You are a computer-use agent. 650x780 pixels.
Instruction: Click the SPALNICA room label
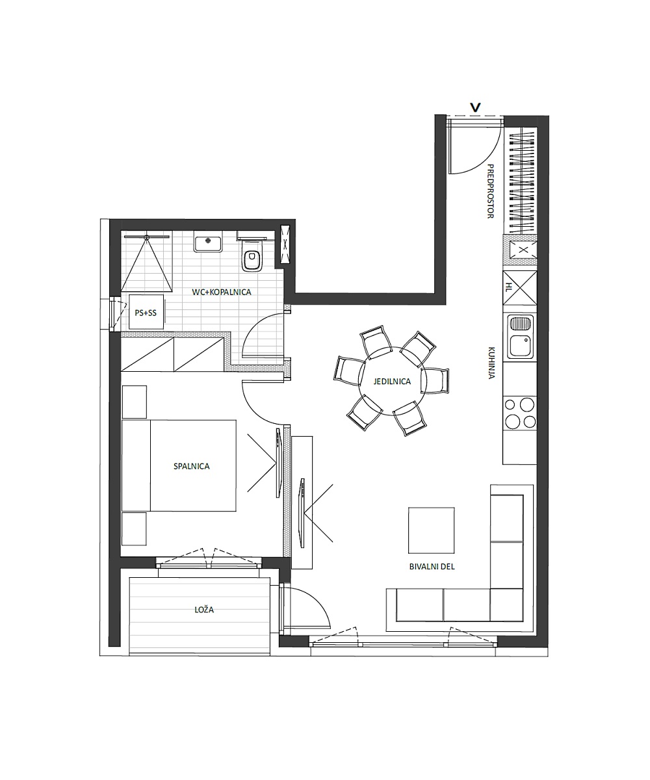pos(191,466)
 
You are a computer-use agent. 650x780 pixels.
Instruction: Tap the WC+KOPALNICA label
pos(221,292)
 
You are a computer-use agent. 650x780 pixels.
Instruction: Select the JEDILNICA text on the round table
pos(392,382)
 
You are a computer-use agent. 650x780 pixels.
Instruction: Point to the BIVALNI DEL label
pos(432,566)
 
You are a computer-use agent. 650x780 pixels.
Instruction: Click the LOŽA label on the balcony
pos(204,610)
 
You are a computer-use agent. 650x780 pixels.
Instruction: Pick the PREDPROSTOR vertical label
pos(491,191)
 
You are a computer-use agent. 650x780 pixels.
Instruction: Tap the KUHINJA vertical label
pos(491,363)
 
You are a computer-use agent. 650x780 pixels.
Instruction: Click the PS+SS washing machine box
pos(146,312)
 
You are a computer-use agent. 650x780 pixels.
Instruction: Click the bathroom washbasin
pos(208,242)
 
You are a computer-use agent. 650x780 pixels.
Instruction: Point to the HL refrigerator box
pos(519,288)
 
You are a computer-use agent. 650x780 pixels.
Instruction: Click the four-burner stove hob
pos(519,413)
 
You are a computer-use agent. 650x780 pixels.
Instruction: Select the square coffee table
pos(432,530)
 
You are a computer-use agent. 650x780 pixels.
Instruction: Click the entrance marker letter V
pos(475,108)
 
